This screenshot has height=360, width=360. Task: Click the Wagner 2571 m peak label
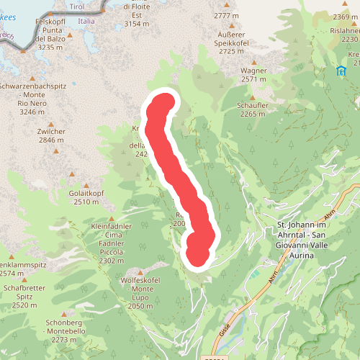point(258,75)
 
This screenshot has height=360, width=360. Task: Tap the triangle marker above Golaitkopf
point(72,175)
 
